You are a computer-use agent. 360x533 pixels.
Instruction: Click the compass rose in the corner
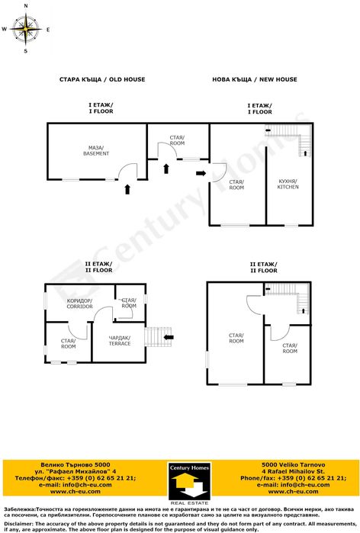click(25, 29)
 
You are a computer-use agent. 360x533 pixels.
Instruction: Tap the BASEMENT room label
click(96, 150)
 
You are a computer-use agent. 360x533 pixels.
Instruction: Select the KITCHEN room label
click(288, 184)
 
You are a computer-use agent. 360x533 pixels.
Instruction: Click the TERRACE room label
click(120, 341)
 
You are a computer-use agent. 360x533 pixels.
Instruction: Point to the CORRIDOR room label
click(79, 303)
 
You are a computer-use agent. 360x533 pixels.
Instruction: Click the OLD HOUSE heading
click(127, 79)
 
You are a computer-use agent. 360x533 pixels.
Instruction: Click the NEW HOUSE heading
click(278, 79)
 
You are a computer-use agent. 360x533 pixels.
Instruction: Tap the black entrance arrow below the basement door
click(127, 189)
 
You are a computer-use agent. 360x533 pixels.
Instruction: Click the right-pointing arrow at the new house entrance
click(201, 173)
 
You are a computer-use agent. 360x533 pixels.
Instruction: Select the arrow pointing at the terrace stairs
click(169, 337)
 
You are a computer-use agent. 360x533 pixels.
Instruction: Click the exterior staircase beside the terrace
click(158, 337)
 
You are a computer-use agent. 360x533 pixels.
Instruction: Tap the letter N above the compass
click(26, 6)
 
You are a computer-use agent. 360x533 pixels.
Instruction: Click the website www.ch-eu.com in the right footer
click(293, 491)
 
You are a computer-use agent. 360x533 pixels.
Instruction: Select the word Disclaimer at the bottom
click(18, 524)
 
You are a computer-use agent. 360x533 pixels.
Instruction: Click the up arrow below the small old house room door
click(166, 169)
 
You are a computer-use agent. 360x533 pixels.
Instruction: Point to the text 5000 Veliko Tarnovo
click(293, 464)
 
